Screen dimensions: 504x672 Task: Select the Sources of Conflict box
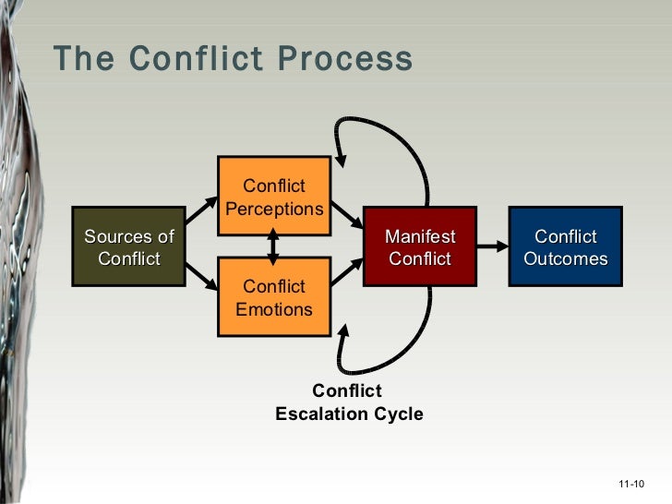[128, 247]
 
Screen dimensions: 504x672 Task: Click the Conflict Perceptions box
[273, 198]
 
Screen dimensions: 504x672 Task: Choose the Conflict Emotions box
[273, 297]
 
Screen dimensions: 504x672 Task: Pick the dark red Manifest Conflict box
[420, 247]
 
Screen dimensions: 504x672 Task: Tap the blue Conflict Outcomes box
[565, 247]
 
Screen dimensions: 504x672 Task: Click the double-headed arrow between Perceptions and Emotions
[273, 246]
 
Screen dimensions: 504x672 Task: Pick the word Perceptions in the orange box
[274, 209]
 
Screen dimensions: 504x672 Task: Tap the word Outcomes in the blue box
[565, 258]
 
